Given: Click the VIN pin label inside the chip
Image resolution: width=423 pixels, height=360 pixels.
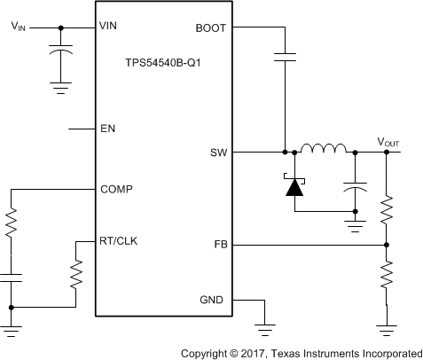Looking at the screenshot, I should pos(111,28).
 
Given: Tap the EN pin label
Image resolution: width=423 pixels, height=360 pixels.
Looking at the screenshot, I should pos(109,129).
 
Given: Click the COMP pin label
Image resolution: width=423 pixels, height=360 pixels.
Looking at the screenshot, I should pos(117,189).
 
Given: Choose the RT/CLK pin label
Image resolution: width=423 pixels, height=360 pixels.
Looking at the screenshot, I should pos(120,239).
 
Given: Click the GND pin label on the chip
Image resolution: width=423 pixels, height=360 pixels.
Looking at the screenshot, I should pos(212,301).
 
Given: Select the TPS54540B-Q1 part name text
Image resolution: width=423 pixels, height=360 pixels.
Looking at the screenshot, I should pos(162,65).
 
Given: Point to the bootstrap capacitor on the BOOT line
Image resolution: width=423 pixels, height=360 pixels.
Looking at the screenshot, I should pos(285,59).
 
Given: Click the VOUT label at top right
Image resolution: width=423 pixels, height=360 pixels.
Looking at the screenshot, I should pos(388,141).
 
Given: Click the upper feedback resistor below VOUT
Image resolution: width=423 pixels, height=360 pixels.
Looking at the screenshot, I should pos(386,209).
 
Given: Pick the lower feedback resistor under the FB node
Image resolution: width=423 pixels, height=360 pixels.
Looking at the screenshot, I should pos(386,274).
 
